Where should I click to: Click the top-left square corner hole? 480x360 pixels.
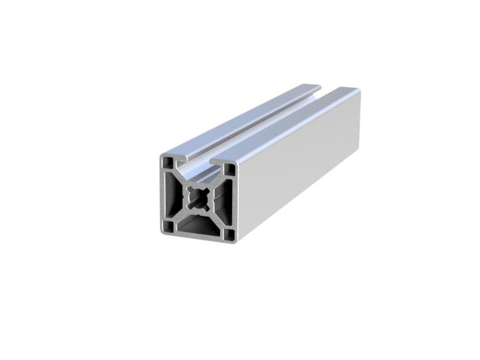click(x=168, y=162)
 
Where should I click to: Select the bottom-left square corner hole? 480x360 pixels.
click(x=167, y=227)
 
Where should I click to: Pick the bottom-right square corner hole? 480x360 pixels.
click(x=228, y=234)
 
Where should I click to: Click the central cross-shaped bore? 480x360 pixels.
click(x=198, y=197)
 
